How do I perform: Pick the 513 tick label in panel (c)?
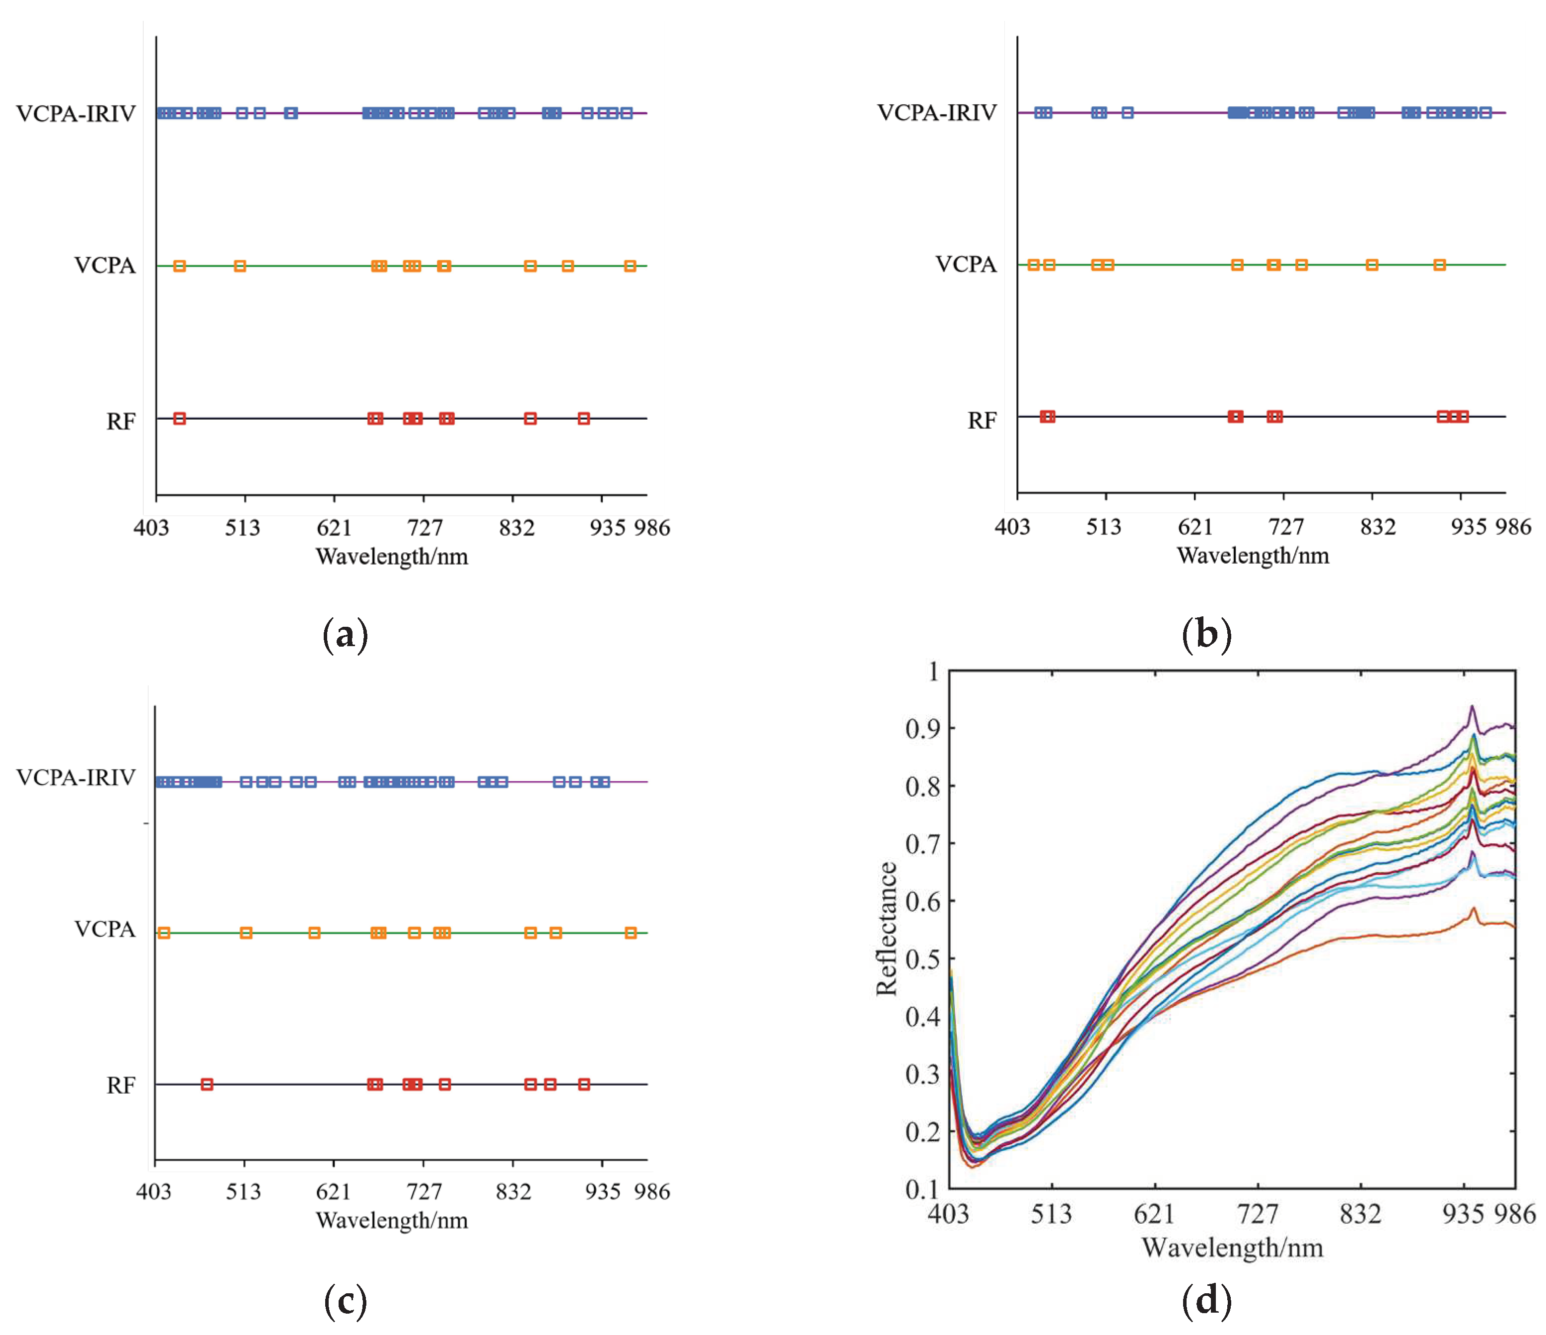[x=243, y=1192]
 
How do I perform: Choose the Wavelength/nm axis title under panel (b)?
[x=1253, y=556]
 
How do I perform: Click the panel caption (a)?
[x=345, y=635]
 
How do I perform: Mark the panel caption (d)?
[x=1206, y=1301]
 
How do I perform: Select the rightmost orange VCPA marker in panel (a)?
[x=630, y=266]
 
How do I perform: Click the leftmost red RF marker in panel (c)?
[x=207, y=1084]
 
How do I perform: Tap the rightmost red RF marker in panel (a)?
[x=583, y=419]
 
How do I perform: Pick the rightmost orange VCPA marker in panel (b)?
[x=1439, y=265]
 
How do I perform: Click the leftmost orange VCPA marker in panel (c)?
[x=164, y=933]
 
